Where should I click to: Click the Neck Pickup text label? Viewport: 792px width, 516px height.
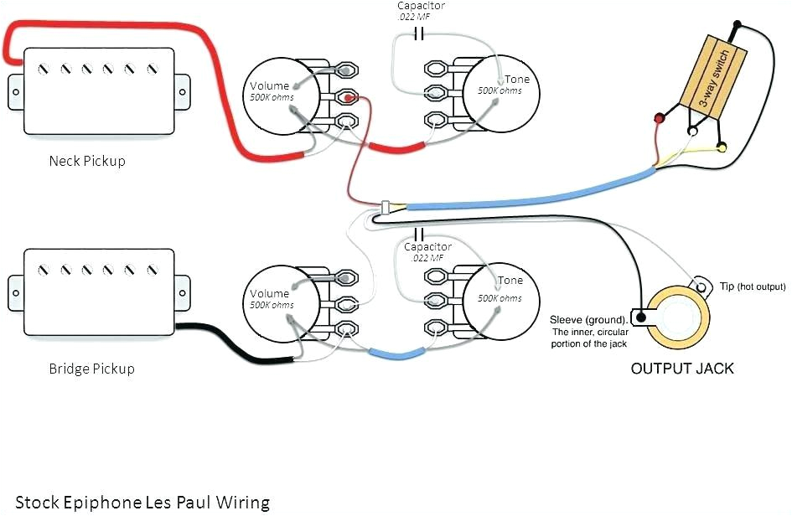(86, 161)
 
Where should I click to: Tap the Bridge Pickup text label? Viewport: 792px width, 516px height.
(91, 369)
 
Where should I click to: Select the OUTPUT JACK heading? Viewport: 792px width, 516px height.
(682, 369)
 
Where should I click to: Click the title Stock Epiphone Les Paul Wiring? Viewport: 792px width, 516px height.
(142, 503)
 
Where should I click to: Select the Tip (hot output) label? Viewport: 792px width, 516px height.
(752, 286)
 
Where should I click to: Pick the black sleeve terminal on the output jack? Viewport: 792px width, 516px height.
(641, 317)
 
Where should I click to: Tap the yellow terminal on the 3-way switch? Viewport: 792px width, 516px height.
(721, 149)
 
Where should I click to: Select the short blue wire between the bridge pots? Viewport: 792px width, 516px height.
(394, 353)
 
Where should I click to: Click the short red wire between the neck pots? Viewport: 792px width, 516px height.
(394, 149)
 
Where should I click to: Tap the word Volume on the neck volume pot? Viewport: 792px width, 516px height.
(268, 85)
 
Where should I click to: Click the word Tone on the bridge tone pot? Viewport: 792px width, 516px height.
(510, 281)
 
